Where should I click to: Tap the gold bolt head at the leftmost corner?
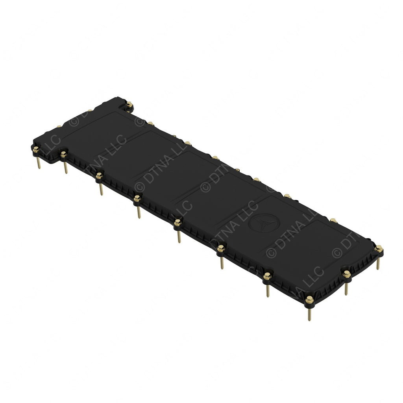36,149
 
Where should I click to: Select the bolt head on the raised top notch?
129,104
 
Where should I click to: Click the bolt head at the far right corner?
378,248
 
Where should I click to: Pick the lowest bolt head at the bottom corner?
309,300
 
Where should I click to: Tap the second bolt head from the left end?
63,154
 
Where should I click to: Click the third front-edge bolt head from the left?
99,176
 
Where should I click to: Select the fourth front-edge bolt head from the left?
137,199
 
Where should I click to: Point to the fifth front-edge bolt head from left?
177,223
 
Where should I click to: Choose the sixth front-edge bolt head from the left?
221,248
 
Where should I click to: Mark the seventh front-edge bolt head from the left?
267,276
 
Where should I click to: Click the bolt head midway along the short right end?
346,274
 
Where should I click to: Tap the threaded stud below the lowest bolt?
309,313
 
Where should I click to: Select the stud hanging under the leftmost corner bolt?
38,162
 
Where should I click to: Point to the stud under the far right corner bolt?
378,263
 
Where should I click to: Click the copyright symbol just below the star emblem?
270,253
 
